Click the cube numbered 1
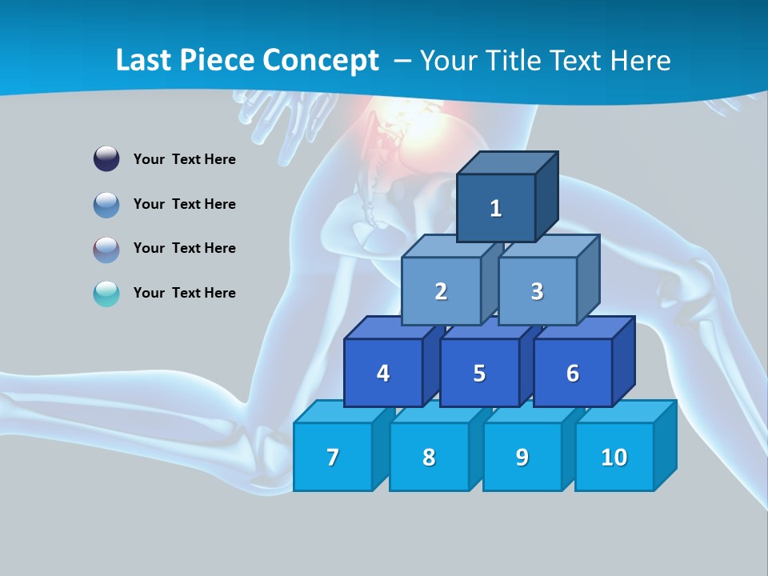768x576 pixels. click(x=496, y=208)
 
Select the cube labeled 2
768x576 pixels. click(x=441, y=291)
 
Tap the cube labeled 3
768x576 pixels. click(x=537, y=291)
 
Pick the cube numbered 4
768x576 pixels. click(x=383, y=373)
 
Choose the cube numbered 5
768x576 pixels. click(x=479, y=373)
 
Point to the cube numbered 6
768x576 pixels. click(x=573, y=373)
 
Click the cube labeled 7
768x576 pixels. click(x=333, y=457)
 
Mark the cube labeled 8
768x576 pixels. click(x=429, y=457)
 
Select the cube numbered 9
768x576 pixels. click(x=522, y=457)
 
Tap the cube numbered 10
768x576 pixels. click(x=614, y=457)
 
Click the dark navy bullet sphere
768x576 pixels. click(x=106, y=158)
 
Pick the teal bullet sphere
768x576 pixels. click(x=106, y=294)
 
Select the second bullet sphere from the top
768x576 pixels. click(x=106, y=204)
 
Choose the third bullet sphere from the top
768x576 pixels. click(x=106, y=249)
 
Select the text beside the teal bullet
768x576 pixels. click(x=185, y=293)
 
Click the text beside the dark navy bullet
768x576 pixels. click(x=185, y=159)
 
